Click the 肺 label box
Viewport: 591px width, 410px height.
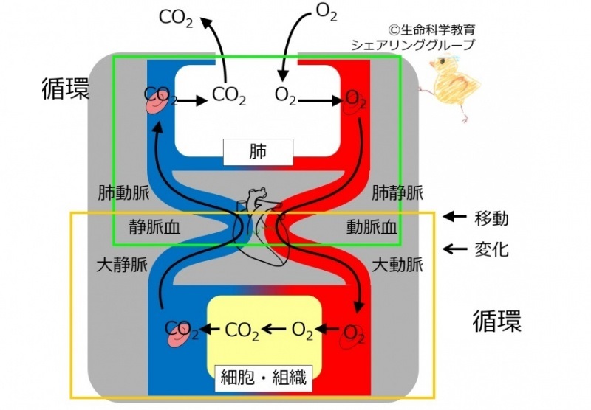point(258,152)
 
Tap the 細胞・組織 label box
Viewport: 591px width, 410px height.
point(264,378)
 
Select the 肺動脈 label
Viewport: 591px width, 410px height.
point(123,193)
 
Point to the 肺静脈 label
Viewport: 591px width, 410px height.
point(397,193)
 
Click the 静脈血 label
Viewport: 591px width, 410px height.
point(154,227)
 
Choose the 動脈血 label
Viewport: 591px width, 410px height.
point(372,227)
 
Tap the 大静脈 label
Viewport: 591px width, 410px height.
point(122,265)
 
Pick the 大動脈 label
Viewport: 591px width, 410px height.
point(397,265)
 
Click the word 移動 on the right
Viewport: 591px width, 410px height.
point(491,218)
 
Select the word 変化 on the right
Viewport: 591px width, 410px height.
point(491,249)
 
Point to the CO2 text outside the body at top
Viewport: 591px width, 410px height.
point(176,18)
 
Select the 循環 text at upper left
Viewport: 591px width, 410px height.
point(66,88)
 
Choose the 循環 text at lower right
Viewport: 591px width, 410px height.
point(497,321)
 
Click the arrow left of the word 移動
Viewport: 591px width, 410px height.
point(454,217)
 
